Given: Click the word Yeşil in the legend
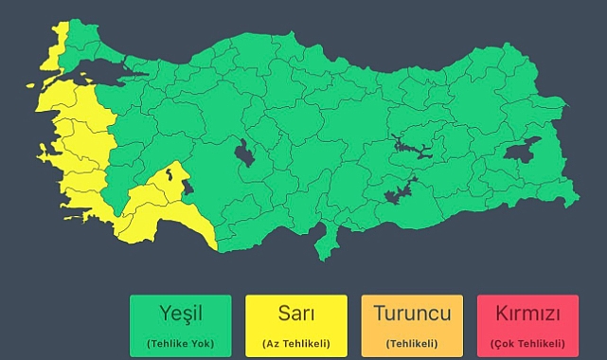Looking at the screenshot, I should click(180, 314).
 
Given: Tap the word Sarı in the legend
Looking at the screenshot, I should click(296, 314).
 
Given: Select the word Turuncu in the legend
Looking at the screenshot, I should click(412, 314).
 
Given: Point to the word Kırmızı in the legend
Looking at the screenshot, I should click(527, 314).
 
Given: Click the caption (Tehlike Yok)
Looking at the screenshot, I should click(180, 342).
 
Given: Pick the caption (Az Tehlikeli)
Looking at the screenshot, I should click(296, 342).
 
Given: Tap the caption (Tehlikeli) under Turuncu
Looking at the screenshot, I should click(412, 342).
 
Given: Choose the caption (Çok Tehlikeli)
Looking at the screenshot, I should click(527, 342).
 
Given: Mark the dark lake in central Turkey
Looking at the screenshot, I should click(244, 153).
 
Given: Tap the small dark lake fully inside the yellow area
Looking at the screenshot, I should click(169, 173).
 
